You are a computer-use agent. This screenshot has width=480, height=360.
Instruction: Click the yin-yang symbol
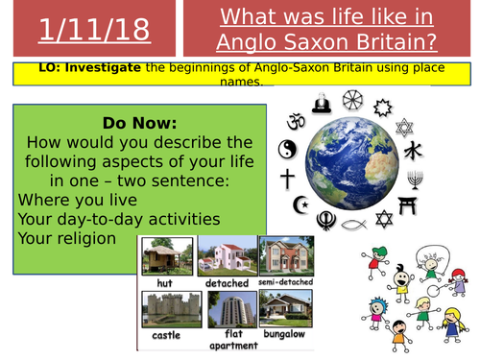pos(285,150)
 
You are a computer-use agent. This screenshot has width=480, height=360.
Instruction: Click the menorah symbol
pos(415,180)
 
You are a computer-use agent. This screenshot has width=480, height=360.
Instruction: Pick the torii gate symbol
pos(403,204)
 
